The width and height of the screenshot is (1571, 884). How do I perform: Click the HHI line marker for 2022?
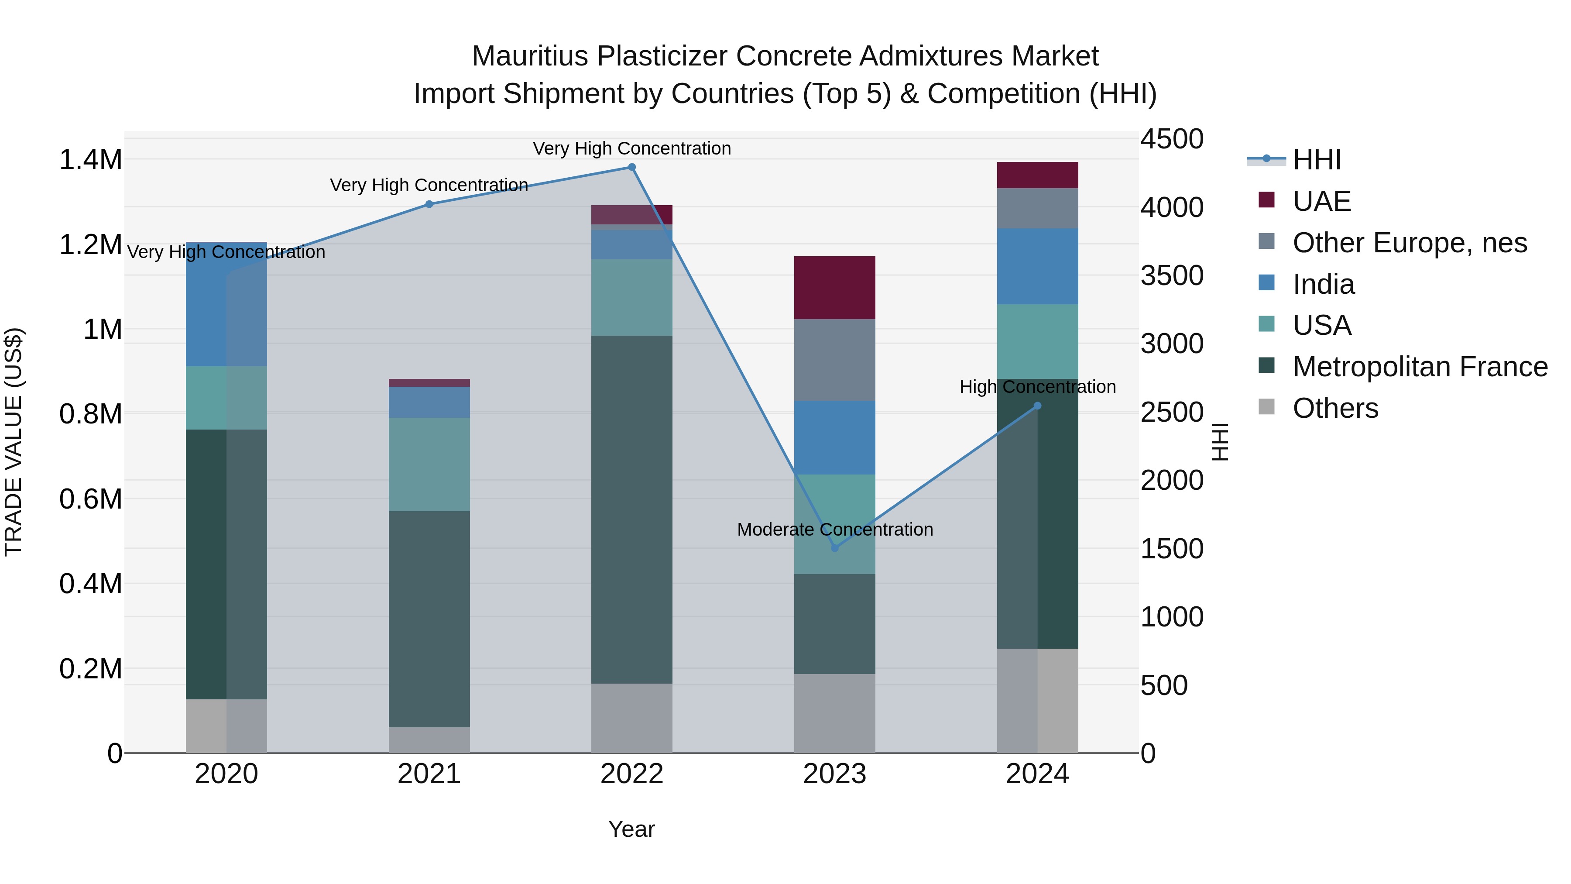click(632, 167)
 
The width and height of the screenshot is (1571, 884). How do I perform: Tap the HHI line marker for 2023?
click(835, 548)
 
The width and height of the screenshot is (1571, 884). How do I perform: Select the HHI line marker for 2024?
click(1037, 406)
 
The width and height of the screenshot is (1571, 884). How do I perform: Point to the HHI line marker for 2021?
click(429, 204)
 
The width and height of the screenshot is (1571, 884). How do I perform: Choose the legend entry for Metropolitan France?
click(1420, 367)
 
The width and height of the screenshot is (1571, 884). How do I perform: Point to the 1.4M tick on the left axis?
click(90, 160)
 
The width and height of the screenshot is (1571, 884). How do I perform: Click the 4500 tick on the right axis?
click(1172, 139)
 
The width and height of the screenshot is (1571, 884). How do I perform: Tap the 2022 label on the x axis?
click(632, 774)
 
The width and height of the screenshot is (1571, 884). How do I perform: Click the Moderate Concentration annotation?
click(835, 529)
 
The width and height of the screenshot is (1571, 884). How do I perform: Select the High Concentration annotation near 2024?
click(1037, 387)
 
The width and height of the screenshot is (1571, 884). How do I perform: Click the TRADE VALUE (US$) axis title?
click(14, 442)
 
